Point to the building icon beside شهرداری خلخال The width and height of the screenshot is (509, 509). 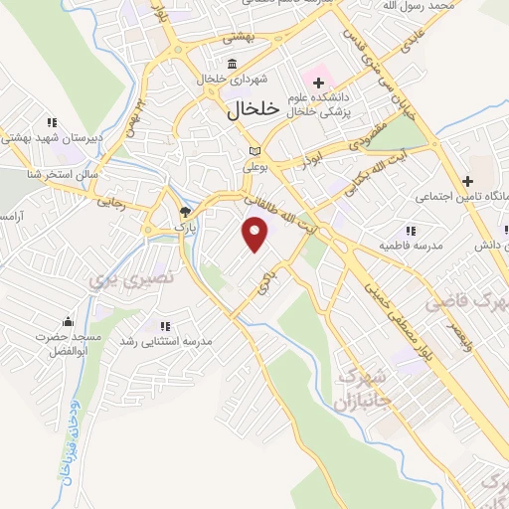pos(232,65)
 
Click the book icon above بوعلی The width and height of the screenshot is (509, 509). pos(254,152)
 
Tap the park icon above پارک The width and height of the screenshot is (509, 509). pos(184,212)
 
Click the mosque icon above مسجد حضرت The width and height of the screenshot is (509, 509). pos(68,321)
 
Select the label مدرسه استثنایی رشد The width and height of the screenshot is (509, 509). pos(167,342)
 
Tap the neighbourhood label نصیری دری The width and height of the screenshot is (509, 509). pos(132,278)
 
